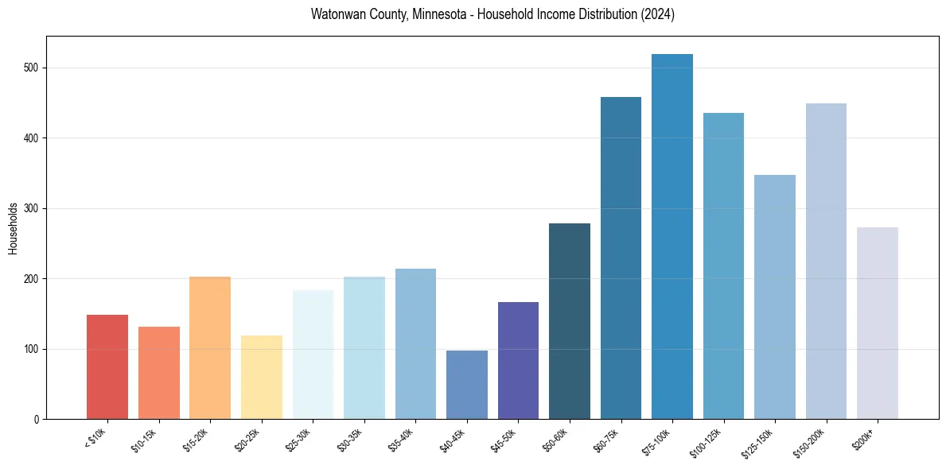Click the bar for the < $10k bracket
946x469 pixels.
(107, 367)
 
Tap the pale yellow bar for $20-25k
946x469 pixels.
(261, 378)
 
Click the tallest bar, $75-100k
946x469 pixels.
(672, 237)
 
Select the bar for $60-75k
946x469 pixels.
(621, 258)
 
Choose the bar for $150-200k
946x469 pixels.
(826, 262)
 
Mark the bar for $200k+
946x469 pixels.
(878, 324)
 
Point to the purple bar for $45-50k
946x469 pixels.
(518, 361)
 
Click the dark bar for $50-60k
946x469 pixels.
(570, 321)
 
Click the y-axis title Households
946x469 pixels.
(14, 228)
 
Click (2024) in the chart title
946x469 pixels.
(656, 15)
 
